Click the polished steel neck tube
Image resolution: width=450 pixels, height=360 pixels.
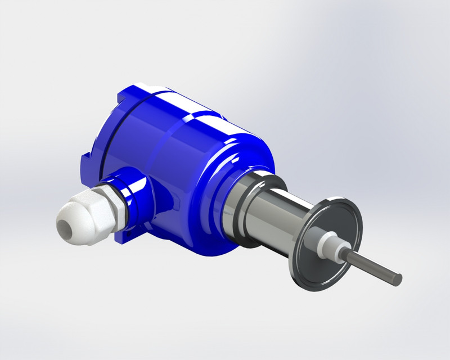pyautogui.click(x=281, y=214)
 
